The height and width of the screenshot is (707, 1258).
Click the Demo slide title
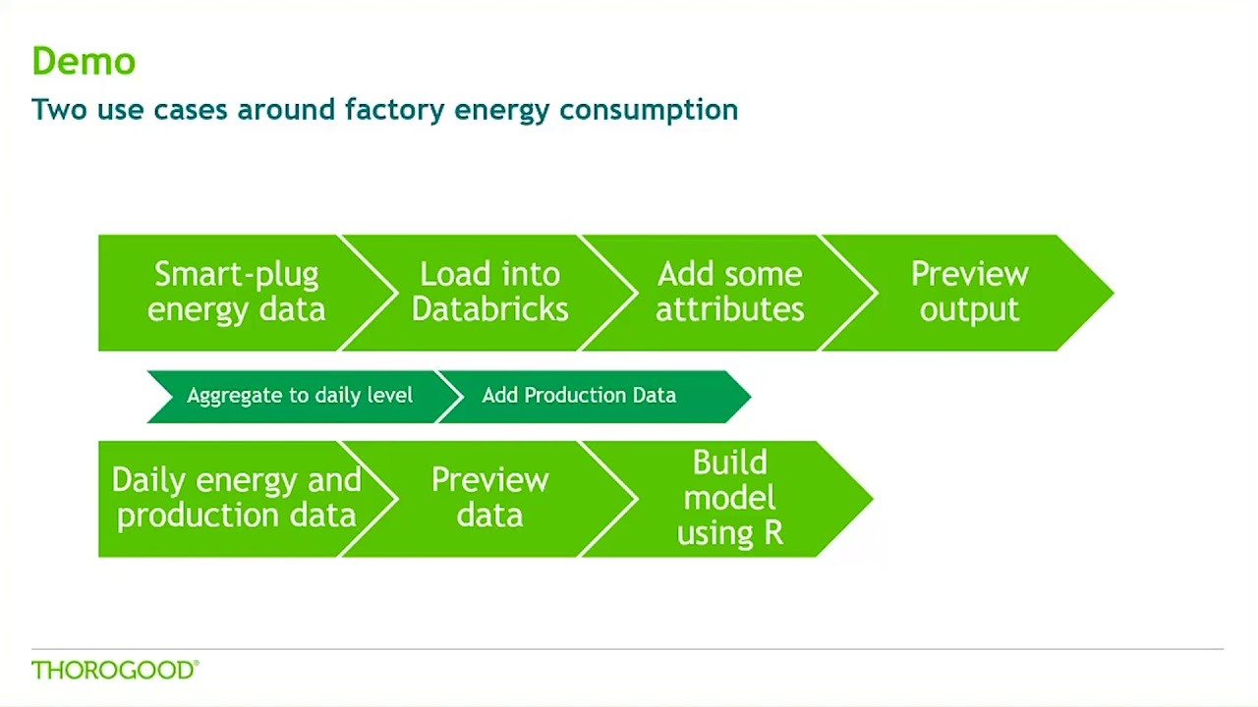84,61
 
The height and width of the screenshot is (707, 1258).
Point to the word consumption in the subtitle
649,110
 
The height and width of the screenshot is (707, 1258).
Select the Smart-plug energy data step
236,292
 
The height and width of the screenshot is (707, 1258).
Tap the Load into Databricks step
489,292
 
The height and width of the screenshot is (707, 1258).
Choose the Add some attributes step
729,292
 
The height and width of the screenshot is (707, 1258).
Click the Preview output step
969,292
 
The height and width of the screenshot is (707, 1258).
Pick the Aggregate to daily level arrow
300,396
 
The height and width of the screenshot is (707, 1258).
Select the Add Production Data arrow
579,396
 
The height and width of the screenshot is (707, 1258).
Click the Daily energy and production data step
236,498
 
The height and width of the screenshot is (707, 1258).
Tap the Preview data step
489,498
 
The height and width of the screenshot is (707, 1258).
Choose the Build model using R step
729,498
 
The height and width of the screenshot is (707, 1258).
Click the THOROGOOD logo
113,671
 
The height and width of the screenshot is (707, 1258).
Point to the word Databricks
489,309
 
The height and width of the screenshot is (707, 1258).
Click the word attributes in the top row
729,309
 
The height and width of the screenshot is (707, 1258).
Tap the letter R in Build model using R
772,533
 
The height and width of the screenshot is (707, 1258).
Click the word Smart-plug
236,274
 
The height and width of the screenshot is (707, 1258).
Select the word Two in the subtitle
59,109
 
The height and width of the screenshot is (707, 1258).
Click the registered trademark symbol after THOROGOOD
197,664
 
